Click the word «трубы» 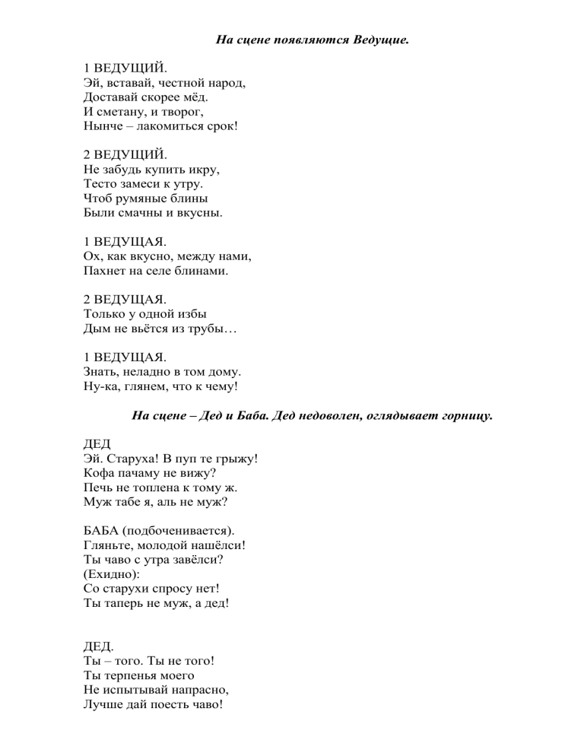(x=217, y=329)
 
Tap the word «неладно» (x=150, y=372)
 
